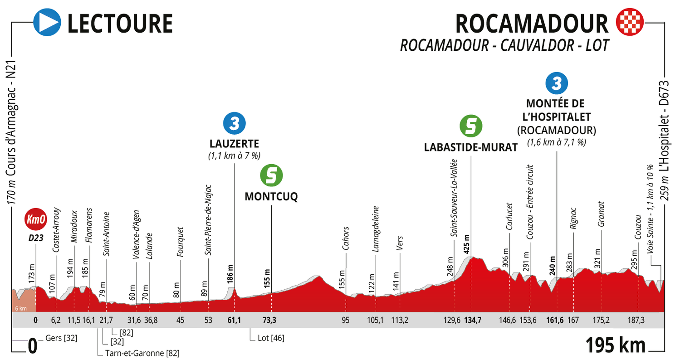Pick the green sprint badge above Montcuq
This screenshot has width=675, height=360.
coord(271,175)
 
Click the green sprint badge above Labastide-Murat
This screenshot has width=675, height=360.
coord(470,126)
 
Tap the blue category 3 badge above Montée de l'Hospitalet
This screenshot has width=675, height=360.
coord(557,83)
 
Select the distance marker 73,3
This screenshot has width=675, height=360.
coord(269,321)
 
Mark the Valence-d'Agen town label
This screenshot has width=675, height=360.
coord(136,234)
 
